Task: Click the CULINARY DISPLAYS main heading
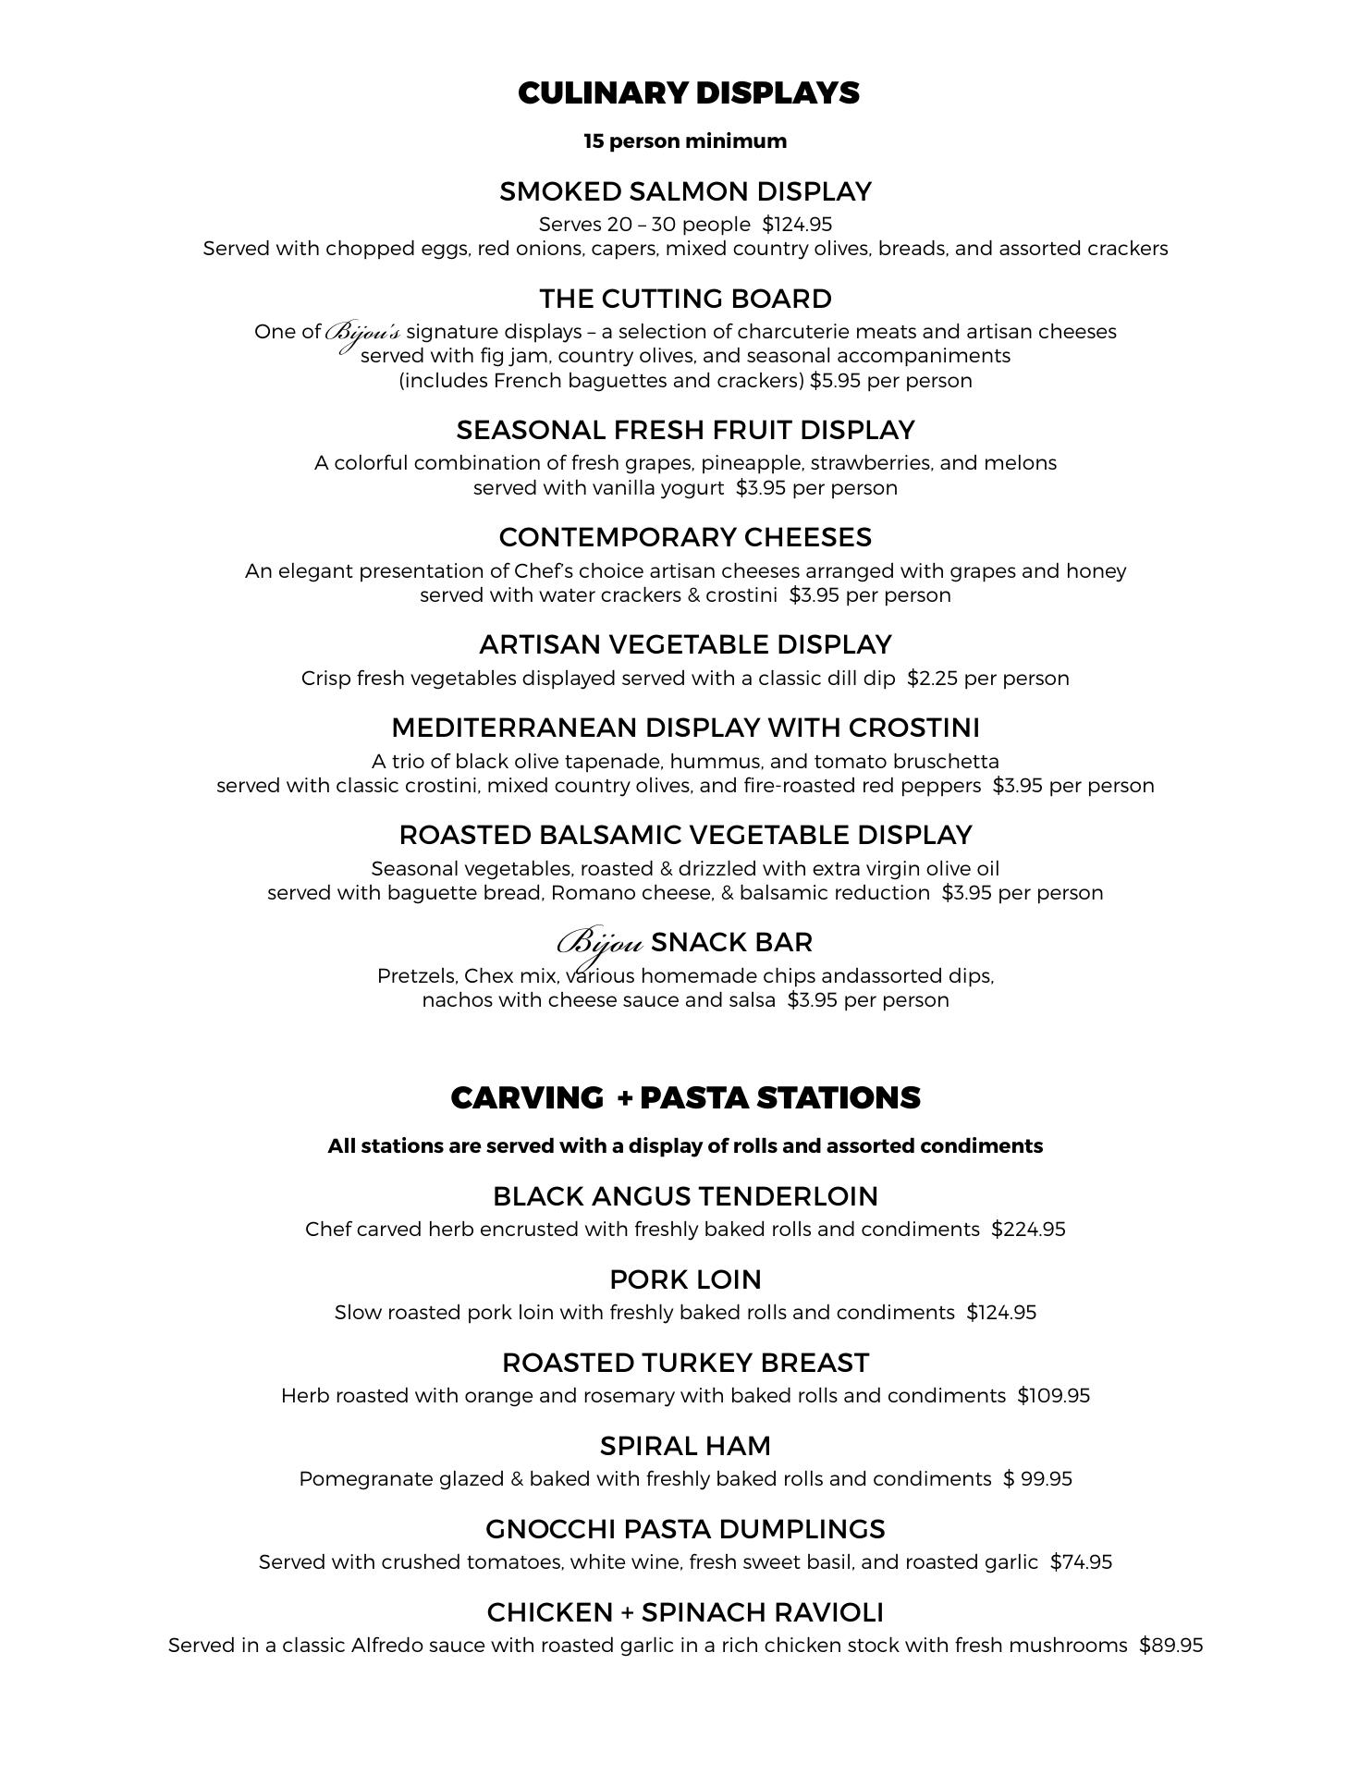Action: tap(688, 93)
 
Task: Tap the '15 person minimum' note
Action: tap(685, 141)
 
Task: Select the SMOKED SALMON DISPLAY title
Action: tap(685, 191)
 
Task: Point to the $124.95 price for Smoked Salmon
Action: tap(797, 225)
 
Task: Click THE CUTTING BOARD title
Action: tap(685, 299)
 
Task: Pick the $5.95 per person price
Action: tap(890, 381)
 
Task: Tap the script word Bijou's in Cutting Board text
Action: tap(362, 333)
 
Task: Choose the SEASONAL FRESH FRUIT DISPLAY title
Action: tap(685, 430)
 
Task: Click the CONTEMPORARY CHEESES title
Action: tap(685, 537)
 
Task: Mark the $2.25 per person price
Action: tap(987, 679)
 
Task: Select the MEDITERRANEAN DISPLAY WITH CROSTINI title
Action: tap(685, 728)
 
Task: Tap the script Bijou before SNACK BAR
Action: tap(599, 944)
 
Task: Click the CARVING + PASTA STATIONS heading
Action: tap(685, 1098)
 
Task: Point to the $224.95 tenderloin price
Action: tap(1028, 1230)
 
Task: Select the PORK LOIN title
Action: tap(685, 1279)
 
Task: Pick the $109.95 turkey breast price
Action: tap(1053, 1396)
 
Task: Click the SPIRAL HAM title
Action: tap(685, 1446)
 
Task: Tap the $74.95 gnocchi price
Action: tap(1081, 1562)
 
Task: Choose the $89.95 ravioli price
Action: tap(1170, 1646)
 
